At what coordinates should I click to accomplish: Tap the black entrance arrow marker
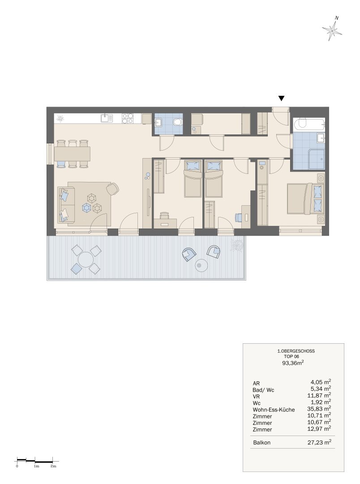point(281,99)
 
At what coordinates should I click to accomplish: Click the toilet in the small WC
point(177,123)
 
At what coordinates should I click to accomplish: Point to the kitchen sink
point(107,118)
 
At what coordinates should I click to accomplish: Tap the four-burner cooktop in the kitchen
point(128,118)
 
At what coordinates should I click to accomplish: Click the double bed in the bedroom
point(305,199)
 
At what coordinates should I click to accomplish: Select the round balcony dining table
point(86,259)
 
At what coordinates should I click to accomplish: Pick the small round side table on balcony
point(202,265)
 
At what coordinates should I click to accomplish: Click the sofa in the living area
point(66,204)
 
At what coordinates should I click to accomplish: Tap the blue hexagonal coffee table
point(86,208)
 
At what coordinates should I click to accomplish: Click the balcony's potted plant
point(237,245)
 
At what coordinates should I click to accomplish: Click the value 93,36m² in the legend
point(293,363)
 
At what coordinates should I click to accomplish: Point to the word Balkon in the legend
point(261,443)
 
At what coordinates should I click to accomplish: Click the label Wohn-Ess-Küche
point(274,410)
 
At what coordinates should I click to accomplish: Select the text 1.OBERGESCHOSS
point(296,351)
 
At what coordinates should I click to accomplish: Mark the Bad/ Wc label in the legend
point(263,390)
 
